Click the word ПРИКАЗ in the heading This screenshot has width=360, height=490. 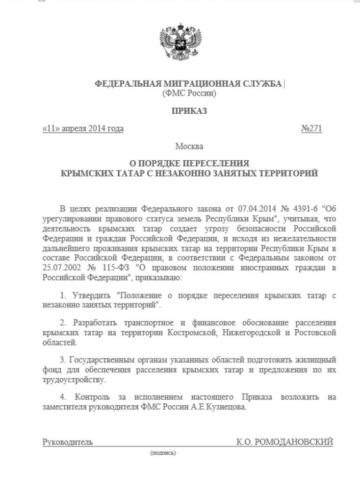[189, 111]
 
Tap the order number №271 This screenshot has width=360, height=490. [312, 129]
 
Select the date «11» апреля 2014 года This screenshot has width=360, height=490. [83, 129]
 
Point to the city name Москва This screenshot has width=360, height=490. [189, 146]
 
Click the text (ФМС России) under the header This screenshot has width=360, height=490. [189, 93]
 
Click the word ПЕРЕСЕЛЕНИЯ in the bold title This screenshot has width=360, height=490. [221, 163]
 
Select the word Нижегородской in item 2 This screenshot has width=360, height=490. [250, 333]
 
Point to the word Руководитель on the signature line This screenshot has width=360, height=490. [67, 442]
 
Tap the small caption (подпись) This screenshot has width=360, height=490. [163, 453]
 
